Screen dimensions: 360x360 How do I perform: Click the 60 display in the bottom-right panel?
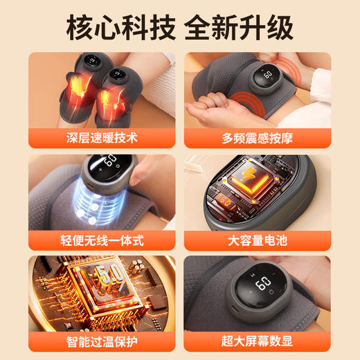264,285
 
